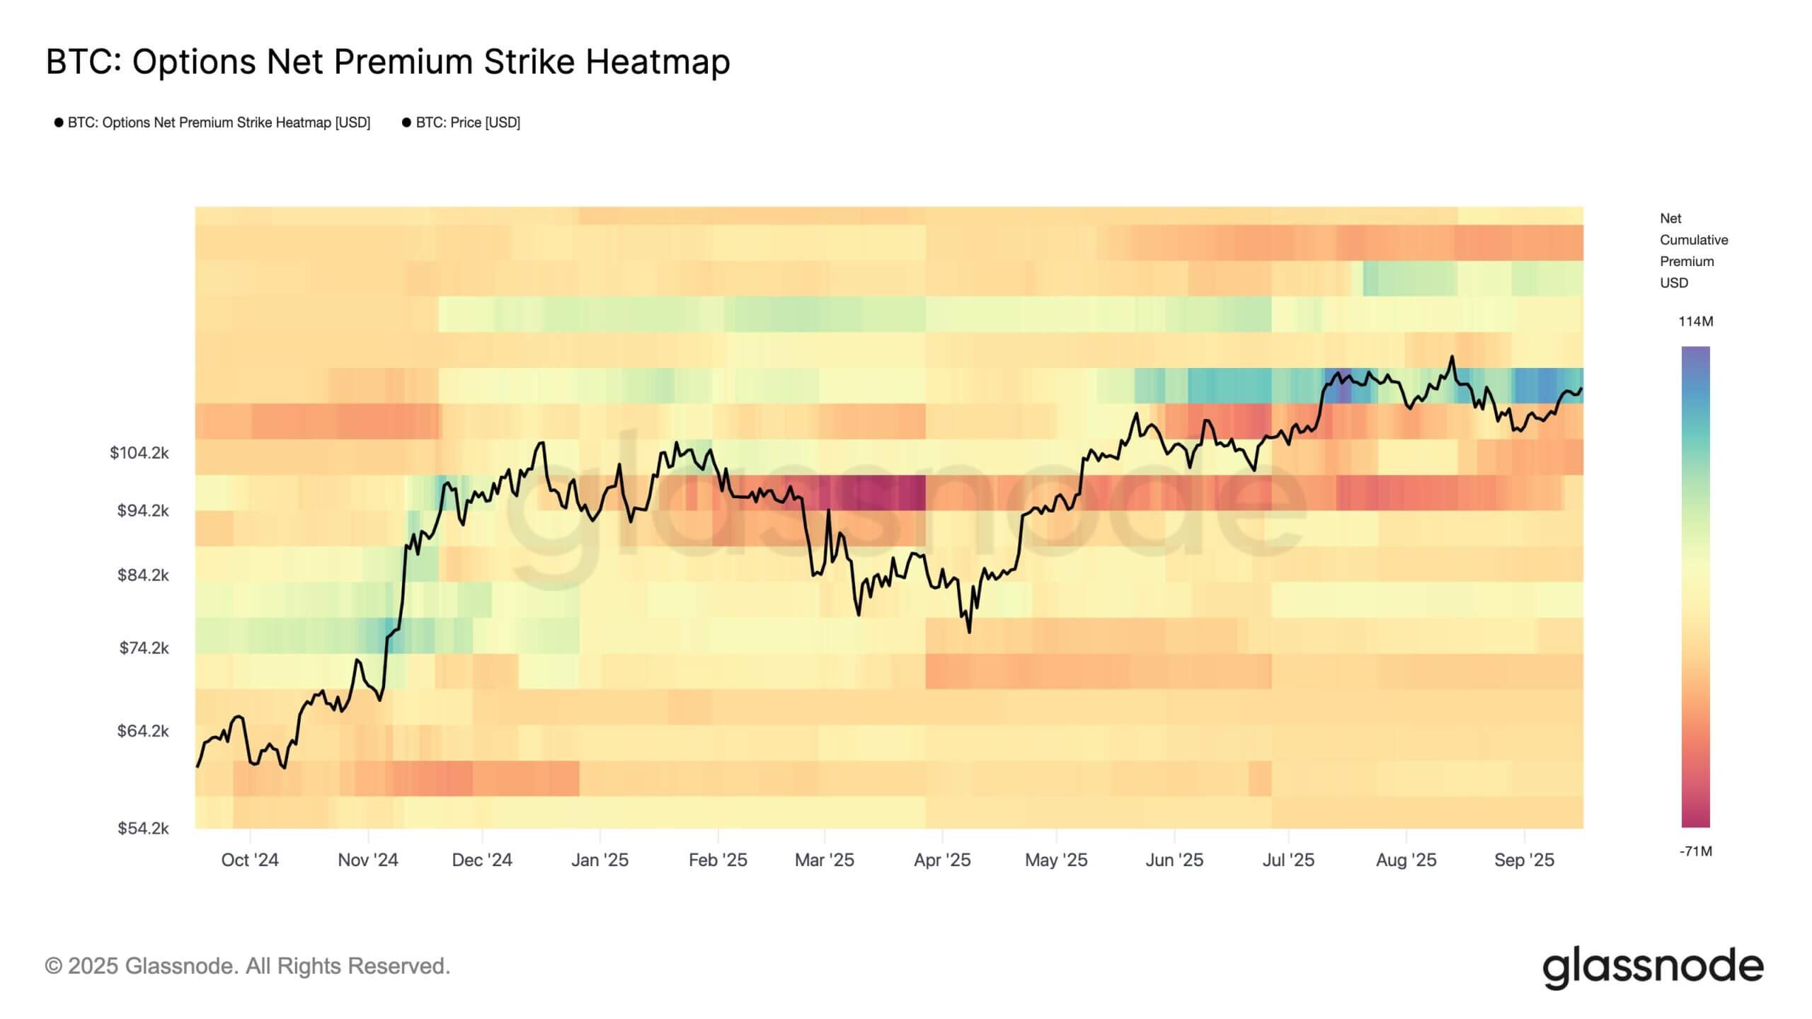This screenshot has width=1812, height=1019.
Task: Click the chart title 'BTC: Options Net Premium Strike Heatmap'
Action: [x=388, y=62]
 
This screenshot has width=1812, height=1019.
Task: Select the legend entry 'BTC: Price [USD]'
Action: [x=467, y=122]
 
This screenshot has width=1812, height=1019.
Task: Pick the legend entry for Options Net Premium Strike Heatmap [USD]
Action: [x=218, y=122]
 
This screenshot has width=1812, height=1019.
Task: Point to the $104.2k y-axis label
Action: [x=139, y=453]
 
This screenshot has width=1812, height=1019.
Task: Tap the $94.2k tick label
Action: [x=143, y=510]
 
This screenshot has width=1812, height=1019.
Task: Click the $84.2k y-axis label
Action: [x=143, y=575]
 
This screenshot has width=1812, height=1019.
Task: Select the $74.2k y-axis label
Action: [x=144, y=647]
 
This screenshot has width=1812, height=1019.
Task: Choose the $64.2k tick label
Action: [x=143, y=730]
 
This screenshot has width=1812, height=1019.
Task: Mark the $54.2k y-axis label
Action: [x=143, y=828]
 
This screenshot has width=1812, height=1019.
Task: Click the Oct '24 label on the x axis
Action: [x=250, y=860]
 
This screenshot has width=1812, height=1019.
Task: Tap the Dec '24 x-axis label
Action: [x=482, y=860]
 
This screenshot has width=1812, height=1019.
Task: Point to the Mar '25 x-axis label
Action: [x=825, y=860]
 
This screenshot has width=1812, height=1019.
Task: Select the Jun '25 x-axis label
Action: [x=1174, y=860]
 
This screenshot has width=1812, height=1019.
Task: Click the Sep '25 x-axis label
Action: [x=1524, y=860]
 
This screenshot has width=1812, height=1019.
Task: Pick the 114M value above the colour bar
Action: [x=1695, y=321]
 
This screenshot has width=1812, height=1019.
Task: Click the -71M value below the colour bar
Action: [x=1695, y=851]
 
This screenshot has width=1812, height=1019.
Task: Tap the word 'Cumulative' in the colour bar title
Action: [x=1694, y=240]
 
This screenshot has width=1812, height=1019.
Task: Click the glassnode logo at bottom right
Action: [x=1653, y=967]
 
